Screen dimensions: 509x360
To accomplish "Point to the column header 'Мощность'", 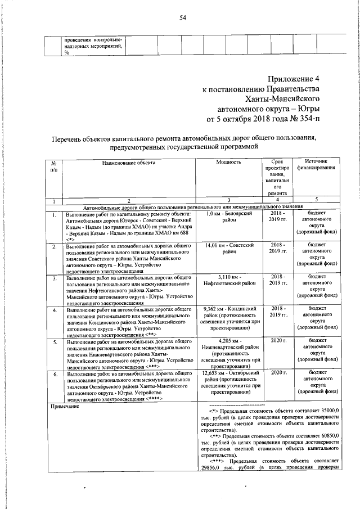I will pyautogui.click(x=228, y=162).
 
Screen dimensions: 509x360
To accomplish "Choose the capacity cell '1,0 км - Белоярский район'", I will pyautogui.click(x=228, y=218).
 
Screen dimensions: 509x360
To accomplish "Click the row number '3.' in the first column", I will pyautogui.click(x=54, y=278).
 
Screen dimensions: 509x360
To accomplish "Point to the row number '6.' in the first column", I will pyautogui.click(x=54, y=373).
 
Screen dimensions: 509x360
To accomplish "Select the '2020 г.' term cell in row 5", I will pyautogui.click(x=278, y=341).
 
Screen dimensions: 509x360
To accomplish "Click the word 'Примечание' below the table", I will pyautogui.click(x=66, y=406).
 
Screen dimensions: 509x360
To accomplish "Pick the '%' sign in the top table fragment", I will pyautogui.click(x=66, y=52).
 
